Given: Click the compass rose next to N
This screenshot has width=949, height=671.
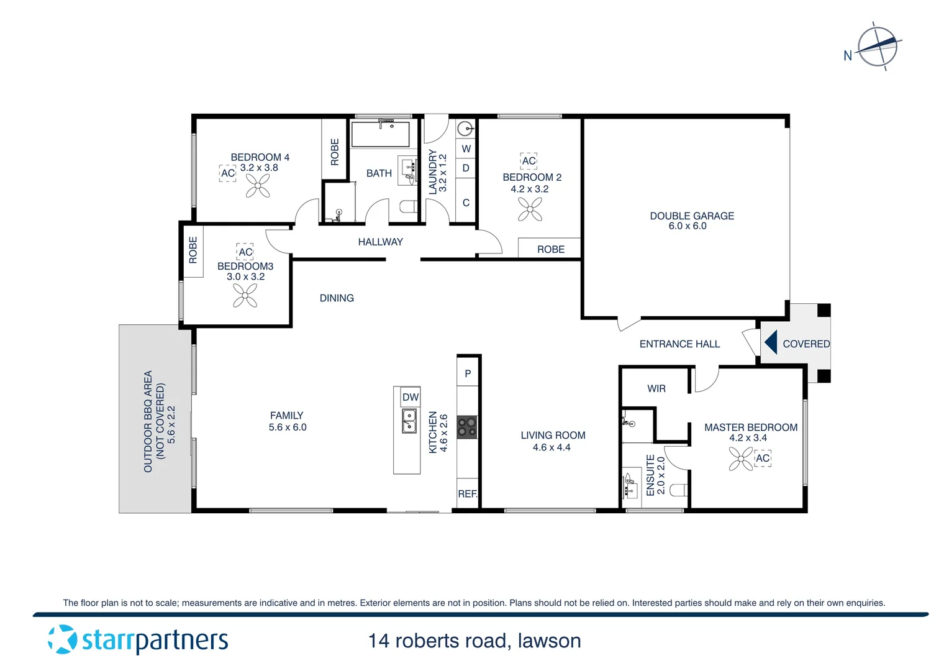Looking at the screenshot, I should coord(878,47).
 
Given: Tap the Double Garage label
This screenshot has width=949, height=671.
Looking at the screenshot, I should coord(691,216).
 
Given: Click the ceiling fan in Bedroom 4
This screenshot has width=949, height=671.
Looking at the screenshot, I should coord(258,185).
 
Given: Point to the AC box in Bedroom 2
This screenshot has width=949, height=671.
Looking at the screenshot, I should coord(529,161).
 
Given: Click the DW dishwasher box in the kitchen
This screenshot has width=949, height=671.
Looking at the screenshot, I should coord(410,397).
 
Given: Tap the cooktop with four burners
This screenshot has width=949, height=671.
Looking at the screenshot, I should coord(467,427).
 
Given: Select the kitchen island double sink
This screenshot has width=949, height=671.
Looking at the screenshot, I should coord(409,421).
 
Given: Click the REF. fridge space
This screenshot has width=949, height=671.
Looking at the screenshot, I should coord(467,493).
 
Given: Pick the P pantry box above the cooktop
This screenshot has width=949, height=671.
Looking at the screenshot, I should coord(468,373).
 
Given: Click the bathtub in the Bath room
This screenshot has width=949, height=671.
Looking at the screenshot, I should coord(380,134).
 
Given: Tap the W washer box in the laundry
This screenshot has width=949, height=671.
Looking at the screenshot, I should coord(466,148).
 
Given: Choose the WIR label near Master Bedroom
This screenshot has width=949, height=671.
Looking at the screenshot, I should coord(656,388).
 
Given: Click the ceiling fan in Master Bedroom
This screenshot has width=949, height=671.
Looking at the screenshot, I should coord(741,459).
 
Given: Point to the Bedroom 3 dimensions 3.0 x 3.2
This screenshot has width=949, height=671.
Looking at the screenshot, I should coord(245,276).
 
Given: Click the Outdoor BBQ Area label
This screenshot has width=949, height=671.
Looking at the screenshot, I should coord(148,421).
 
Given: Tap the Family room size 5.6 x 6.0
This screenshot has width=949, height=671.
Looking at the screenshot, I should coord(288,427).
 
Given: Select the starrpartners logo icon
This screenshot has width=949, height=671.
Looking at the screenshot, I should coord(62,639).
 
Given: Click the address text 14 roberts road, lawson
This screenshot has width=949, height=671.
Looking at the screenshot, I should coord(474,641).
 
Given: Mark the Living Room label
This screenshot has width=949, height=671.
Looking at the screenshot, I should coord(553,435).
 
